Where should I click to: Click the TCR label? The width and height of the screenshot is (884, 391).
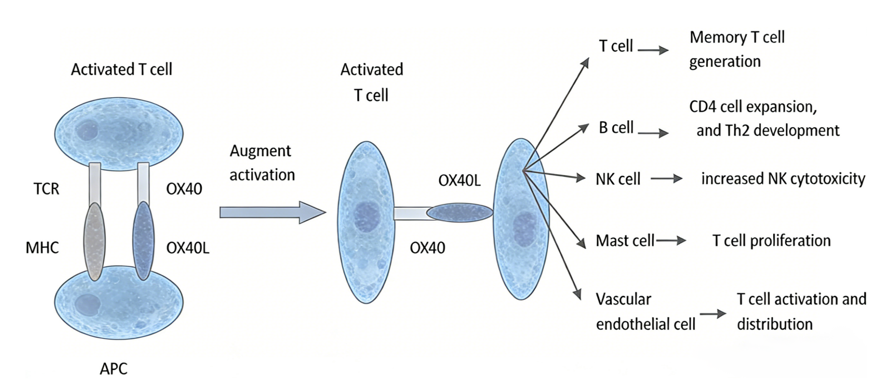pyautogui.click(x=46, y=188)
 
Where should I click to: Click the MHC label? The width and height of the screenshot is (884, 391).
pyautogui.click(x=42, y=247)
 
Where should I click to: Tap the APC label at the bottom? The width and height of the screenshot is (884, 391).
pyautogui.click(x=113, y=368)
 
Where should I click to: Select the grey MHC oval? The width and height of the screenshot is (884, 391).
pyautogui.click(x=94, y=242)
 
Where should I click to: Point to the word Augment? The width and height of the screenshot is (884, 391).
pyautogui.click(x=260, y=151)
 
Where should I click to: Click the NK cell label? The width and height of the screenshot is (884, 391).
pyautogui.click(x=618, y=179)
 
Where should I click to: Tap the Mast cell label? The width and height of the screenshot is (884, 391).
pyautogui.click(x=625, y=241)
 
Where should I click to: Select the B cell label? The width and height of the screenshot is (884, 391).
pyautogui.click(x=616, y=127)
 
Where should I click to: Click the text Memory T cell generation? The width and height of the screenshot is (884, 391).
pyautogui.click(x=737, y=49)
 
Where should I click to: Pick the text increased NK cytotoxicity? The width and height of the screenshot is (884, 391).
pyautogui.click(x=783, y=179)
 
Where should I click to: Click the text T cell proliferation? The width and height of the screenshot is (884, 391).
pyautogui.click(x=771, y=241)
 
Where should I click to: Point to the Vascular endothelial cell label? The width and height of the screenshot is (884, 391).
pyautogui.click(x=645, y=312)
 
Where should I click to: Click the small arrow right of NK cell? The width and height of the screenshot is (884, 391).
pyautogui.click(x=667, y=179)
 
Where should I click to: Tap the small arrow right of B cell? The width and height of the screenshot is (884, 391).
pyautogui.click(x=653, y=133)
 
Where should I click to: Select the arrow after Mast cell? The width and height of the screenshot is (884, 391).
pyautogui.click(x=671, y=241)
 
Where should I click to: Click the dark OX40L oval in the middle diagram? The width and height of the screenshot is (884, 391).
pyautogui.click(x=460, y=213)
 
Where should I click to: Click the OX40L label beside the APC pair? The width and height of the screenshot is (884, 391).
pyautogui.click(x=187, y=248)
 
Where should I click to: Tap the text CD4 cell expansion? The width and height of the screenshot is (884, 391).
pyautogui.click(x=753, y=107)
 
